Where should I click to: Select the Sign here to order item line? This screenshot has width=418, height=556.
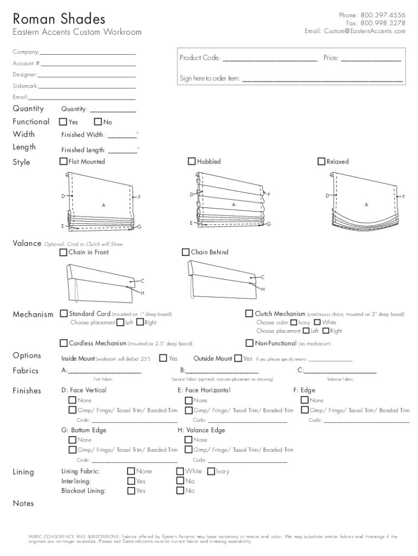[x=322, y=80]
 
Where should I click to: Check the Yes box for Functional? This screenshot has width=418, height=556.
[x=64, y=122]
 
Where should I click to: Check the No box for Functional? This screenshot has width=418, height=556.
[x=98, y=122]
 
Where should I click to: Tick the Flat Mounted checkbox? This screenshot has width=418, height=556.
[x=64, y=161]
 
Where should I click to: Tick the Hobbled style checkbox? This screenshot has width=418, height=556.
[x=192, y=161]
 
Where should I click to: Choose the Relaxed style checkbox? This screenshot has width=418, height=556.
[x=321, y=161]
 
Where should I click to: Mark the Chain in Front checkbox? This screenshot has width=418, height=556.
[x=64, y=252]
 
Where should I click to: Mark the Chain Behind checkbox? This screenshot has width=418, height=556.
[x=186, y=252]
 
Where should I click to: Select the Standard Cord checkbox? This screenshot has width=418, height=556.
[x=64, y=313]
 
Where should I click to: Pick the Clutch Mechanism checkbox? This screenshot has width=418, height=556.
[x=249, y=313]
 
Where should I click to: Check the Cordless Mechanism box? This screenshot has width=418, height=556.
[x=64, y=343]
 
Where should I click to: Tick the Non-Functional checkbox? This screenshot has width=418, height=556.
[x=249, y=343]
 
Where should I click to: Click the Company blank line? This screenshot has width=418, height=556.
[x=87, y=54]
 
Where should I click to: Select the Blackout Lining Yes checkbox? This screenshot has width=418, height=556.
[x=131, y=491]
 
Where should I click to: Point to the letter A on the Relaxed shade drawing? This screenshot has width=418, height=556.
[x=366, y=205]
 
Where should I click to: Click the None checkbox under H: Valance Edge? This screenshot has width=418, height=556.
[x=189, y=440]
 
